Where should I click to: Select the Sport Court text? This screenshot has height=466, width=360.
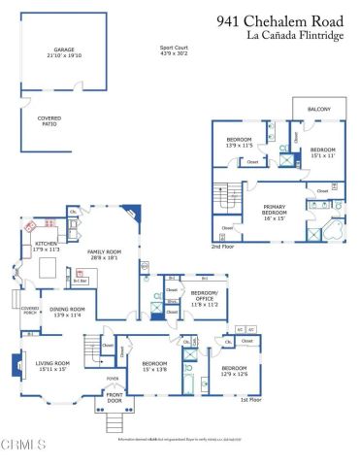point(176,50)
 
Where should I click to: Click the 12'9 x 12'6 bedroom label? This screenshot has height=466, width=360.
point(234,371)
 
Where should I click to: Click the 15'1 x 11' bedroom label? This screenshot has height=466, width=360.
point(322,151)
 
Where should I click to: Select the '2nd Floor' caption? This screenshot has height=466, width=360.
point(224,247)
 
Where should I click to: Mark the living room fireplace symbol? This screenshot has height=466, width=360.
point(13,367)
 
